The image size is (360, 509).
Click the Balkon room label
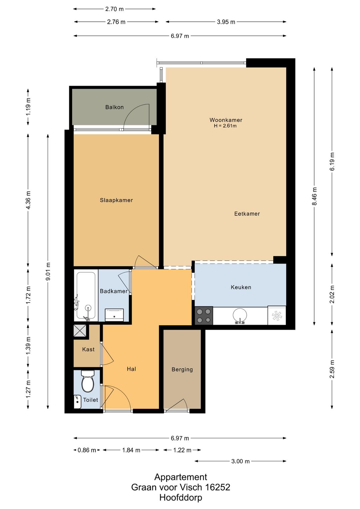click(114, 107)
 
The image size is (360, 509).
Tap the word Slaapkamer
click(116, 200)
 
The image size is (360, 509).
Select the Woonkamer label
click(226, 120)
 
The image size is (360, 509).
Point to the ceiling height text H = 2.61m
click(225, 126)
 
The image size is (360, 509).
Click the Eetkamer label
click(247, 213)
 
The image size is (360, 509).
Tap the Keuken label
click(241, 287)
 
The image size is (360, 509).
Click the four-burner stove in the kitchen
click(204, 316)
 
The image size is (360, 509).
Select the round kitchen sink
click(240, 316)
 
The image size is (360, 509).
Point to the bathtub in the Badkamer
click(86, 296)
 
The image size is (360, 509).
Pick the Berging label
click(182, 369)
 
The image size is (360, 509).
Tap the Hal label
click(131, 369)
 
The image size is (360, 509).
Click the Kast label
click(88, 349)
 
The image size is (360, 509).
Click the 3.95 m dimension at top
click(226, 22)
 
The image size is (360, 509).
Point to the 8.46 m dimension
click(314, 196)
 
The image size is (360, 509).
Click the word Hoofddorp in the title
click(181, 497)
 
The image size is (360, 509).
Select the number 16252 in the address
click(217, 487)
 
